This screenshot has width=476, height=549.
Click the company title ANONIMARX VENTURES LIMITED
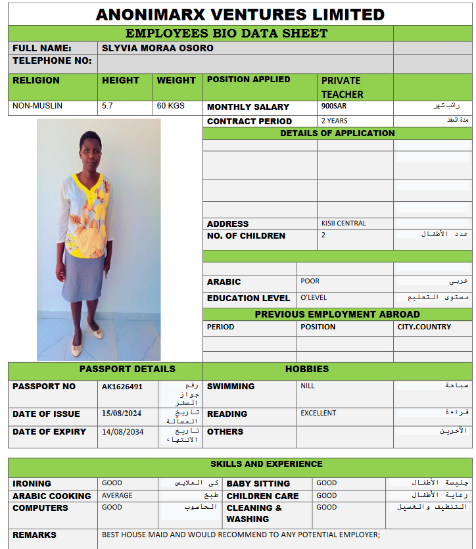(x=240, y=14)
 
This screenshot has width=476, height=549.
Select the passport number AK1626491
(x=122, y=387)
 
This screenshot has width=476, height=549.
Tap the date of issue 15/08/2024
(x=122, y=414)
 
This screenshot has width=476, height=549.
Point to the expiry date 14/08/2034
(x=122, y=431)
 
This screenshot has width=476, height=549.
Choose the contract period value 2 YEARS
(x=335, y=121)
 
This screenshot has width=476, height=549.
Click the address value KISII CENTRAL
(x=344, y=224)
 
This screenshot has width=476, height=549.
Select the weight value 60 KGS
(x=171, y=106)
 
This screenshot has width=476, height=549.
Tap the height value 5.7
(x=107, y=106)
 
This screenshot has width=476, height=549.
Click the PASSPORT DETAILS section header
(x=128, y=369)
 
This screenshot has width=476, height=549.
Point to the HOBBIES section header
(x=307, y=369)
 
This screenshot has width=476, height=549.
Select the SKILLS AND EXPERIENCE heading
(x=266, y=464)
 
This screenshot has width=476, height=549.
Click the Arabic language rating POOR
(x=310, y=281)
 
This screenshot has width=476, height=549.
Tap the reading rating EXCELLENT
(x=318, y=414)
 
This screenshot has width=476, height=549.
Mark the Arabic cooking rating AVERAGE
(x=117, y=495)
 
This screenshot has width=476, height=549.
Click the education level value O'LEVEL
(x=314, y=298)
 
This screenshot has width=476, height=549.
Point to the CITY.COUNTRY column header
(x=424, y=327)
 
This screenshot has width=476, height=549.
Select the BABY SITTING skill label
(x=258, y=483)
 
